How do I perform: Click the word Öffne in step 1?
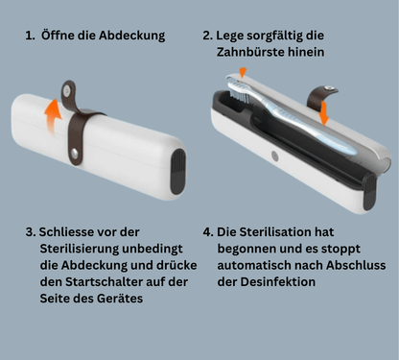point(63,36)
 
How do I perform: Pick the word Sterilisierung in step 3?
point(82,249)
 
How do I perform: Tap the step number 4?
point(208,232)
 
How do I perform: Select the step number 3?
point(29,232)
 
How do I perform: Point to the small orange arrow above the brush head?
point(243,72)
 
